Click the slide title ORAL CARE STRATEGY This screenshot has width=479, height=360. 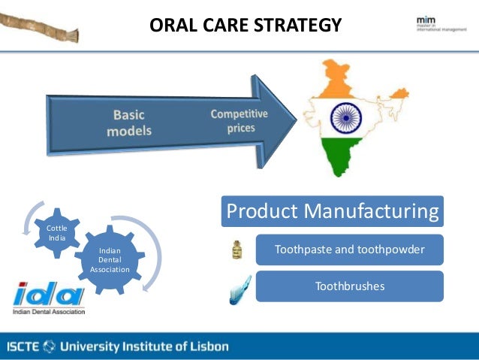[x=246, y=26]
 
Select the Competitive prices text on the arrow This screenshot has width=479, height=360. [x=239, y=120]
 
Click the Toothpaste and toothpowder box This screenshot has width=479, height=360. [x=349, y=250]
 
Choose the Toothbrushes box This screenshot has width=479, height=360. [x=349, y=286]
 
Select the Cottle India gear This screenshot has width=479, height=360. [x=56, y=233]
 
